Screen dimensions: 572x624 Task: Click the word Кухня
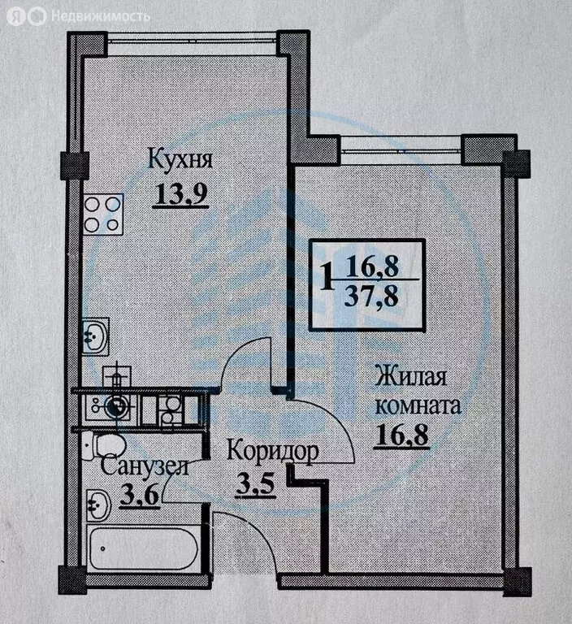180,159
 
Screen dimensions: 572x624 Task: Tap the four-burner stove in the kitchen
102,214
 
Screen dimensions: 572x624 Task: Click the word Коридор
271,450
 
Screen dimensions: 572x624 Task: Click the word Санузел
145,467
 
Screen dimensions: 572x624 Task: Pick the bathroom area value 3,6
138,496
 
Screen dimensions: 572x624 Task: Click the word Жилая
411,377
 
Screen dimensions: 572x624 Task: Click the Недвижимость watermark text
100,15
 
